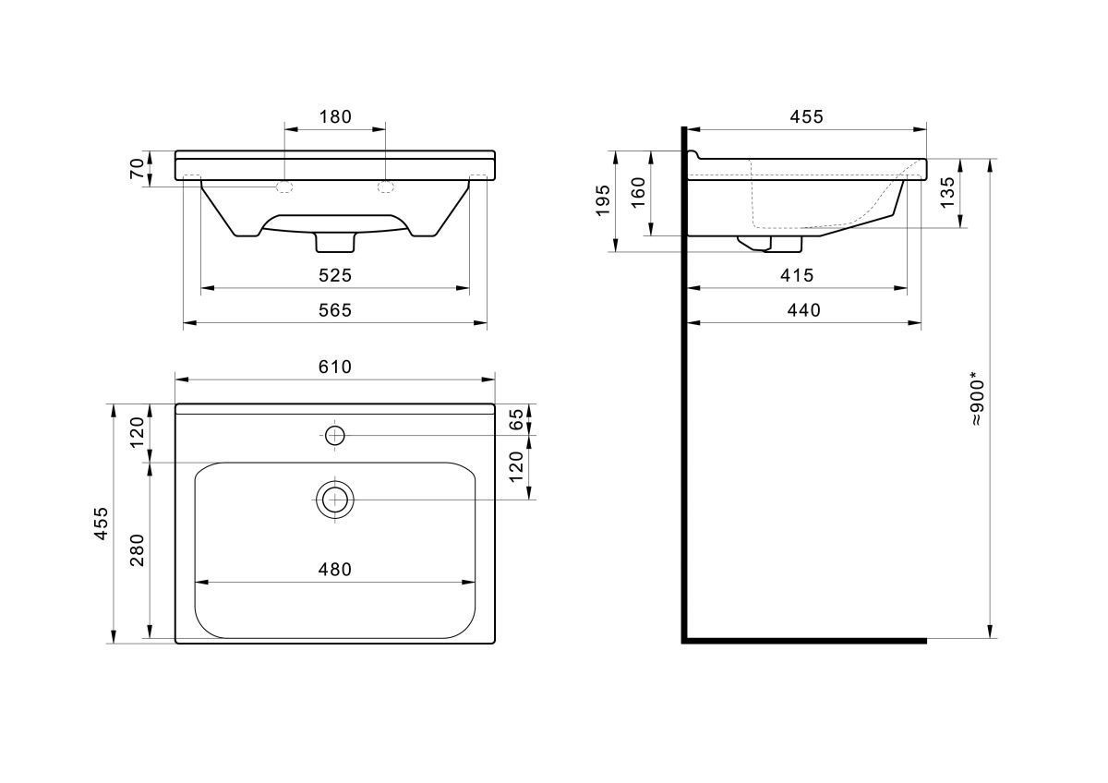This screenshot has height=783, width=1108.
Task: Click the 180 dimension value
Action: tap(335, 116)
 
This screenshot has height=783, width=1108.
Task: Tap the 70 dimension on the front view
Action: tap(137, 169)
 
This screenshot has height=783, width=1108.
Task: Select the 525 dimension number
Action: tap(335, 275)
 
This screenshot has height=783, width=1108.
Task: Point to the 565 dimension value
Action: tap(335, 310)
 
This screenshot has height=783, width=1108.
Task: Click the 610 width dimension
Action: tap(335, 367)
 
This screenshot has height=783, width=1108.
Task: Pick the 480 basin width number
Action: tap(335, 570)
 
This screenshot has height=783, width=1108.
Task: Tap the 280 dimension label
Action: tap(137, 550)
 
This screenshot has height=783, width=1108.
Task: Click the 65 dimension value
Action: tap(516, 419)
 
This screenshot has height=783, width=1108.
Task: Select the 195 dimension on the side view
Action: tap(603, 200)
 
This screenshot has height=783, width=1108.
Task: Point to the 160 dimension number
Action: tap(639, 192)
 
